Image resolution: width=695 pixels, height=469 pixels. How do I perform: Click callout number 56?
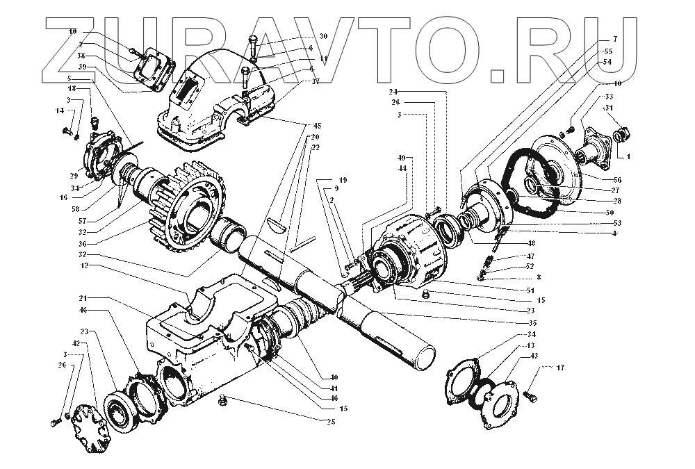click(617, 180)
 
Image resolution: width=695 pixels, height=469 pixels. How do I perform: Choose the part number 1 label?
click(628, 156)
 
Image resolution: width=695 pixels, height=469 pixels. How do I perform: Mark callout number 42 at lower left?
click(76, 343)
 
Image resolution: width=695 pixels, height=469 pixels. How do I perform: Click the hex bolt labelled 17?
click(531, 397)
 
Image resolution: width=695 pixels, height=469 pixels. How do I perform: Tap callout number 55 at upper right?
click(609, 51)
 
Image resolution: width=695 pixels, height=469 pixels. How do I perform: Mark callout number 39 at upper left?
click(82, 67)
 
